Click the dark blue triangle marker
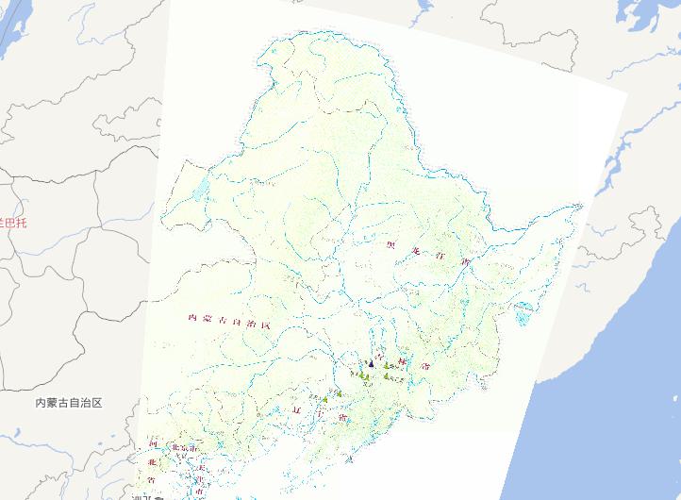tap(372, 362)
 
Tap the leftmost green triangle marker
tap(324, 400)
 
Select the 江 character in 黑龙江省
tap(440, 255)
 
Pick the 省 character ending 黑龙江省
tap(464, 260)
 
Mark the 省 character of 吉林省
tap(427, 363)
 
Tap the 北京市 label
tap(181, 447)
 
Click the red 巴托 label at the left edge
tap(13, 223)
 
